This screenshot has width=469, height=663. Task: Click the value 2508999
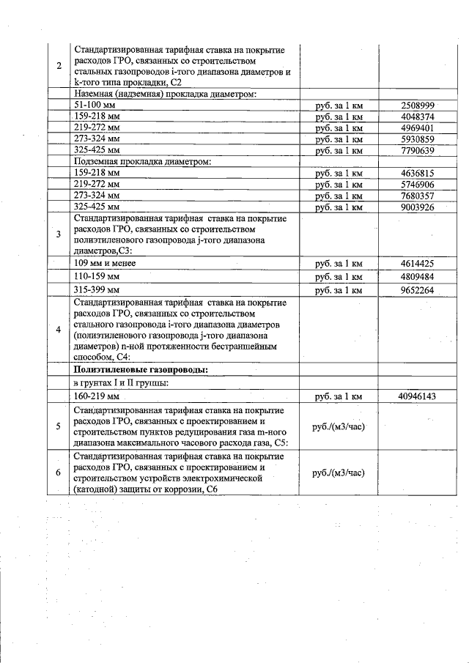tap(418, 105)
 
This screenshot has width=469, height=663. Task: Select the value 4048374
tap(418, 116)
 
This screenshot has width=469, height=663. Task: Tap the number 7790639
tap(418, 150)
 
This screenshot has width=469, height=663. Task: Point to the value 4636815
tap(418, 174)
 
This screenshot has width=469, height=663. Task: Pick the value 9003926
tap(418, 207)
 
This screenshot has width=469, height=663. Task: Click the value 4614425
tap(418, 263)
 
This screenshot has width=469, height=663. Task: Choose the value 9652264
tap(418, 290)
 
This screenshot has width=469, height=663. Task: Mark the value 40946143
tap(418, 396)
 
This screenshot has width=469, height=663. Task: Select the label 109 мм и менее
tap(105, 263)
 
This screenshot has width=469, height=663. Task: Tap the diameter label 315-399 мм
tap(97, 290)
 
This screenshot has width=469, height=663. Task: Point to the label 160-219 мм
tap(97, 396)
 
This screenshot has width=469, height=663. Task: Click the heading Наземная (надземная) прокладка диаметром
tap(165, 94)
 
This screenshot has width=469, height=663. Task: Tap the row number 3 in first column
tap(59, 234)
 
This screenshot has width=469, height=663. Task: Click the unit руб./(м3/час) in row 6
tap(338, 473)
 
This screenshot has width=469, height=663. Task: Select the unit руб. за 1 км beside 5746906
tap(338, 185)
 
